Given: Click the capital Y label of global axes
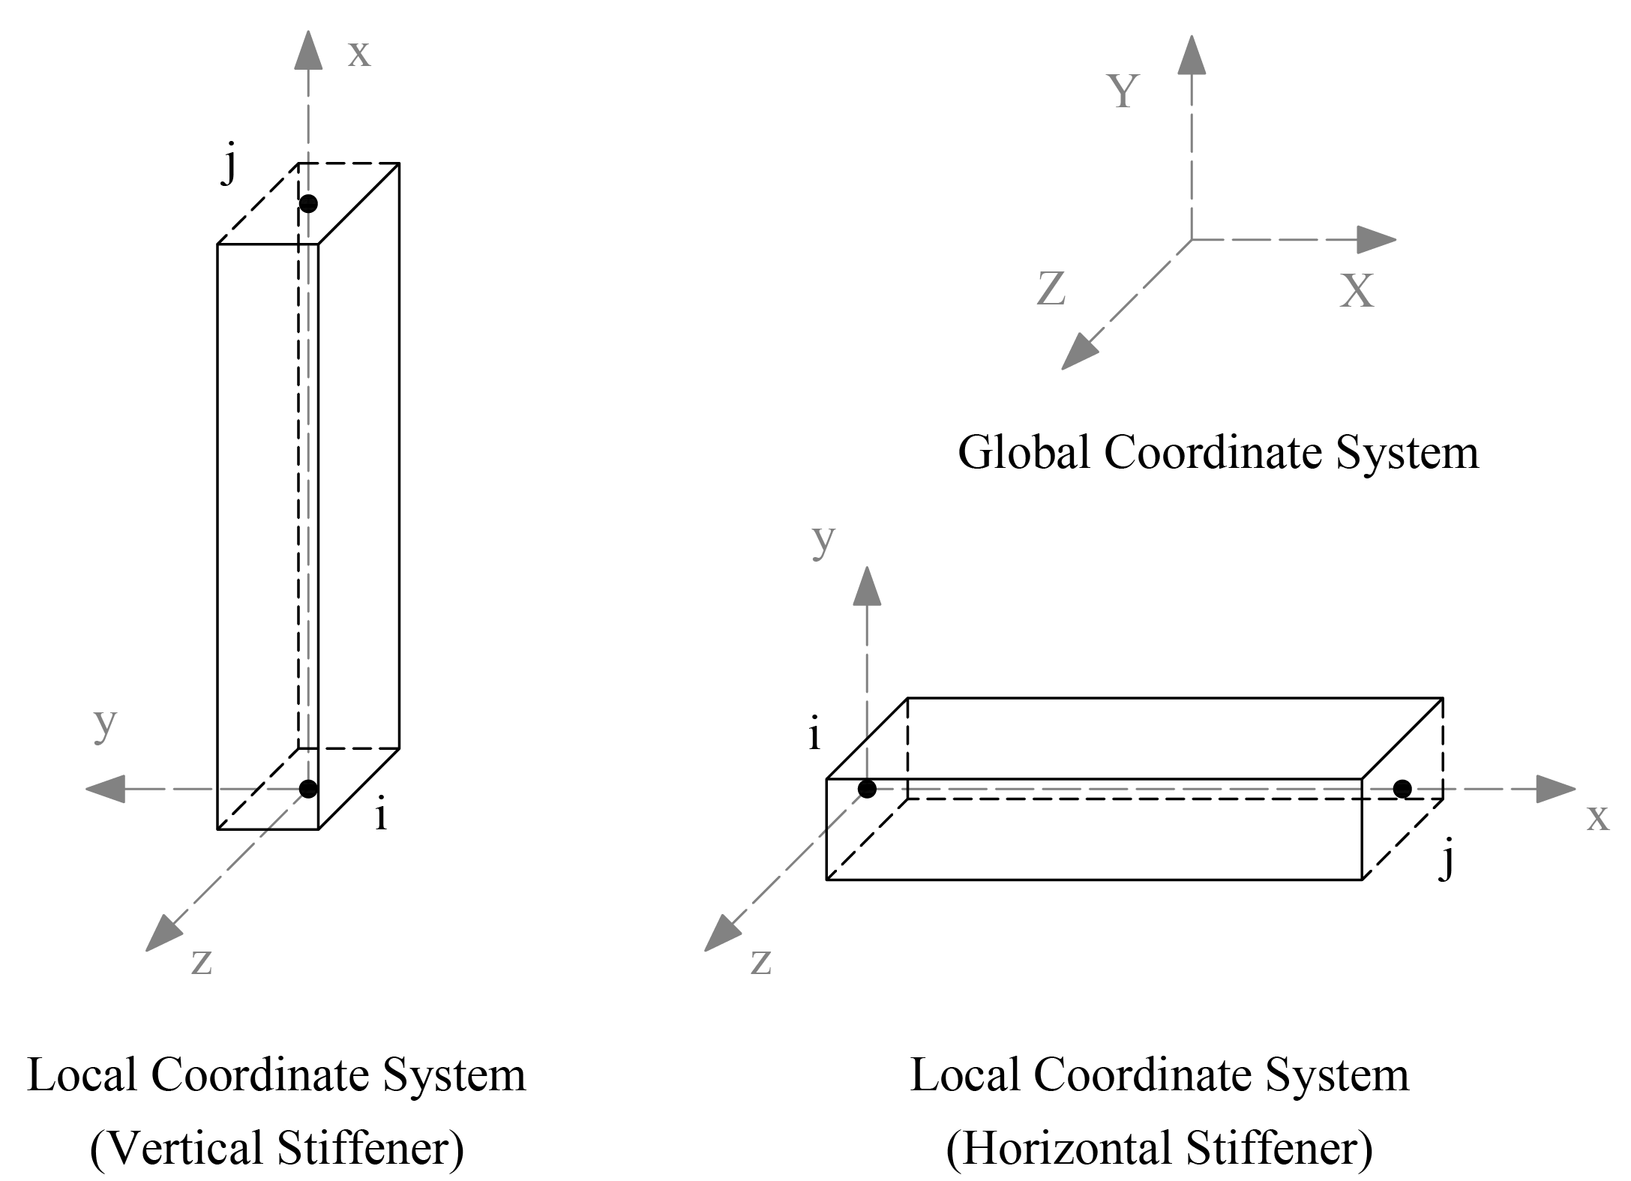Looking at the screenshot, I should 1123,91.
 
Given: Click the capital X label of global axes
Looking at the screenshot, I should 1357,291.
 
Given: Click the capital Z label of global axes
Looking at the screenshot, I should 1051,288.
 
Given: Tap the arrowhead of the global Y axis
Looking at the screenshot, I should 1192,54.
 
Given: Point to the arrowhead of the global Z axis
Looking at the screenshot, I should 1078,352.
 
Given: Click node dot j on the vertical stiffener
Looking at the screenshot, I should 308,203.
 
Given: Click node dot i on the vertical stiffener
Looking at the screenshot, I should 308,788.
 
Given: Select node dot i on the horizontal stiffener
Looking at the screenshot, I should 867,788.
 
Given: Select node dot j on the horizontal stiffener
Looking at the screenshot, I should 1402,788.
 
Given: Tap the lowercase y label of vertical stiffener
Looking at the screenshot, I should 105,723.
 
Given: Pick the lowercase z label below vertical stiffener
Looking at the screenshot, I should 201,962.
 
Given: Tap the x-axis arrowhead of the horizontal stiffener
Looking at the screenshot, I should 1555,789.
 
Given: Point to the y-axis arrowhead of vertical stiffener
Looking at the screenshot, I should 105,789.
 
